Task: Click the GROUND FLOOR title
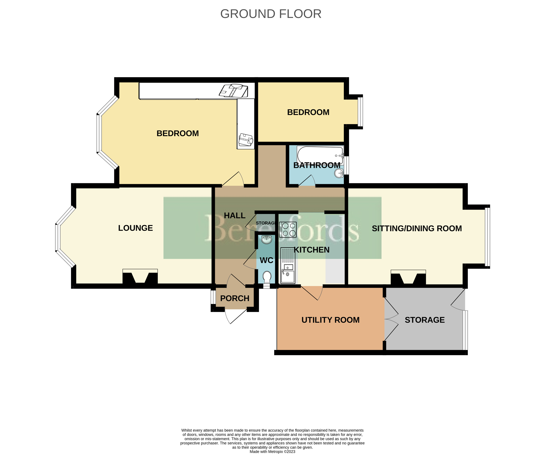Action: (271, 14)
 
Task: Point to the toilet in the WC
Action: (267, 277)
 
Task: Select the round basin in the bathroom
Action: (339, 173)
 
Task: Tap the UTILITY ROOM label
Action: (330, 320)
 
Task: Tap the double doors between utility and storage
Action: (391, 319)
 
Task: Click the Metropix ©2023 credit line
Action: (272, 452)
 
